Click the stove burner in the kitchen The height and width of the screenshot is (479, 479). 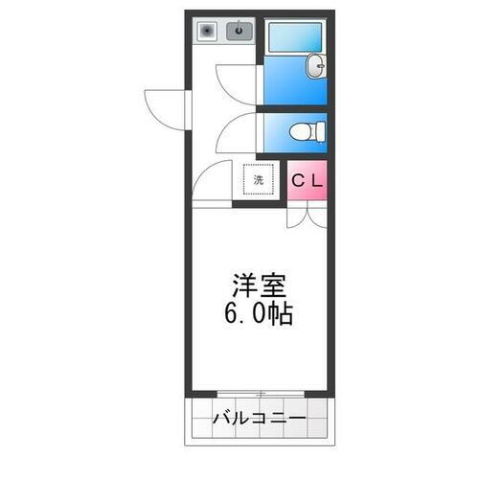(x=206, y=31)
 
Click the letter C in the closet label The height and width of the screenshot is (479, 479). (x=299, y=179)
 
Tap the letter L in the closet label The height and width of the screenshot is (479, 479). (x=316, y=179)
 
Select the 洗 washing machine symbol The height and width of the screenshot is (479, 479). (x=258, y=179)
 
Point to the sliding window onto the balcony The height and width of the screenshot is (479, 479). (x=260, y=394)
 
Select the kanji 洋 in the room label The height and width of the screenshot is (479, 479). (x=245, y=286)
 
